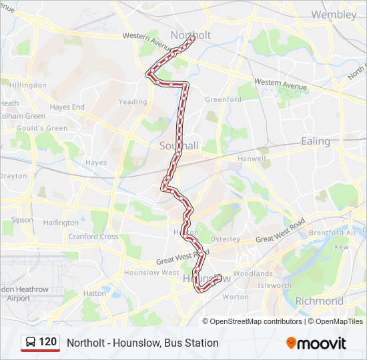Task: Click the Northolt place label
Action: point(191,35)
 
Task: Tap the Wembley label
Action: point(334,14)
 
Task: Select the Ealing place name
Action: point(316,141)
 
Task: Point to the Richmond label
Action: point(319,301)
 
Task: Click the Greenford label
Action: point(223,99)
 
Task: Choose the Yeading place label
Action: point(133,102)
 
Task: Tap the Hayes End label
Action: point(67,107)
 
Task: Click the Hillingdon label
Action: point(27,85)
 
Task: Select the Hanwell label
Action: point(252,159)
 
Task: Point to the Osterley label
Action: point(225,239)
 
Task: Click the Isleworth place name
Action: point(275,285)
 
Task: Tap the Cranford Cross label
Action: point(94,237)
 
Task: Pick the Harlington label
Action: point(61,223)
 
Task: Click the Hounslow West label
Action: point(151,273)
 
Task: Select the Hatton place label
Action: point(95,293)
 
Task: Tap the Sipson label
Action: point(21,219)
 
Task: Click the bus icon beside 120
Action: point(30,343)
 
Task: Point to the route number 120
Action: point(47,342)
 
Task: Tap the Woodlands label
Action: point(253,273)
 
